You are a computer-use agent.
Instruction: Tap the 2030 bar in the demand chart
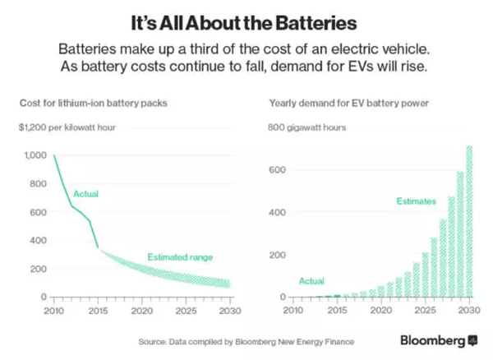470,222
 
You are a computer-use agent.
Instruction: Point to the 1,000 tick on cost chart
35,155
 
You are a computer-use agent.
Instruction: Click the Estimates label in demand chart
417,201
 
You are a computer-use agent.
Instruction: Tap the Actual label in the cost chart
86,194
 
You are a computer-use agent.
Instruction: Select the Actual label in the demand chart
311,281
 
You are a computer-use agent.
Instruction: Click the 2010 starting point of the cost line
53,156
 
